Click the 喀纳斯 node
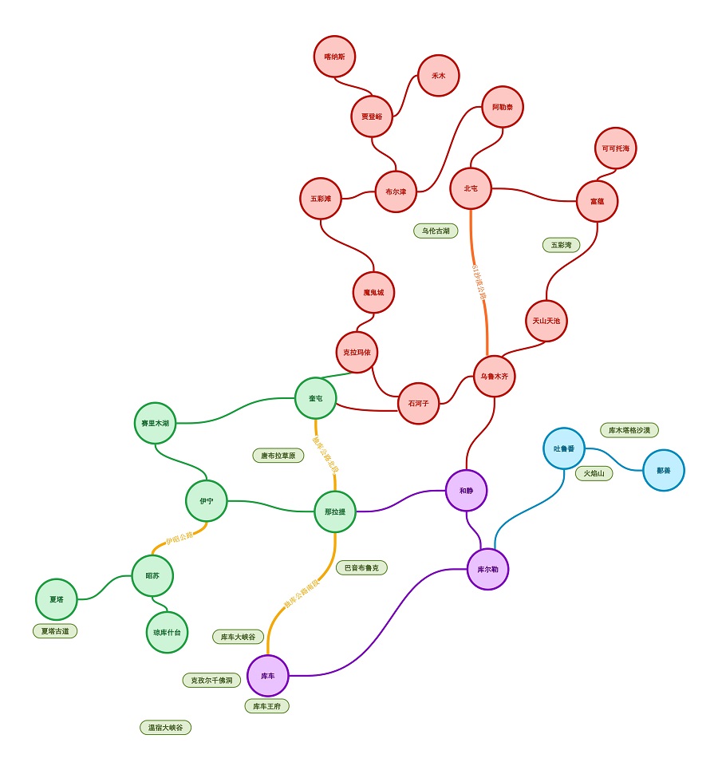334,57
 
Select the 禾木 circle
438,76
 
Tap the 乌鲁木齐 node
494,376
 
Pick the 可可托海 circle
615,148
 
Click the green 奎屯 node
315,398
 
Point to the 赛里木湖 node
155,423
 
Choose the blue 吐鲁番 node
564,448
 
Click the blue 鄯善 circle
663,470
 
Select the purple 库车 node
267,676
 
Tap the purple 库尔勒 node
487,569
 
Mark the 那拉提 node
334,511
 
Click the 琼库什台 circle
167,632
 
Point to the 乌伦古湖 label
436,231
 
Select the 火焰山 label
594,473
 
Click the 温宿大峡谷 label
165,728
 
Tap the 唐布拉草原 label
278,456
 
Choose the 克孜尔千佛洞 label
211,681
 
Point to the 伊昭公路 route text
179,536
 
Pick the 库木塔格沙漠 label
629,430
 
